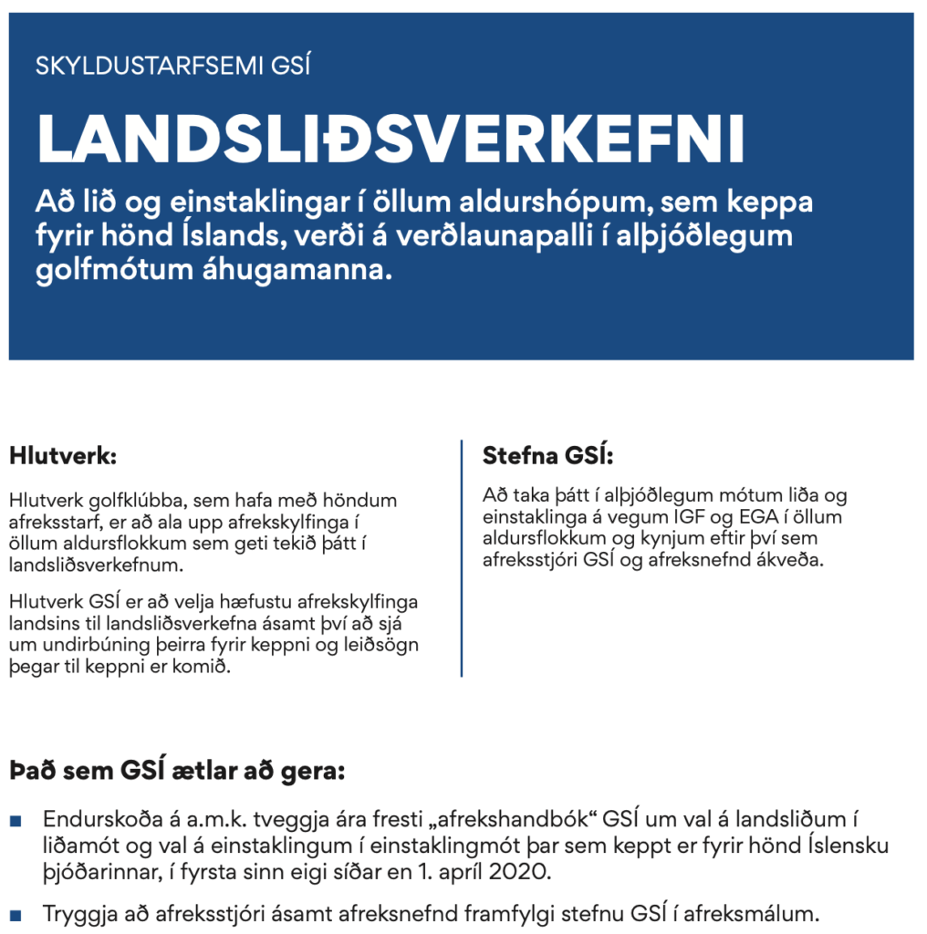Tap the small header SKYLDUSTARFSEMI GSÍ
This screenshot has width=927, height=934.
[x=172, y=67]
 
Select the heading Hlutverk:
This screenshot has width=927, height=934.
[x=63, y=454]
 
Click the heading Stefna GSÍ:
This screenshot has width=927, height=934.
[x=547, y=455]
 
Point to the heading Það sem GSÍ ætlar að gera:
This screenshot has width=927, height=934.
[x=177, y=771]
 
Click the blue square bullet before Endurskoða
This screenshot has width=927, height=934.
[x=16, y=821]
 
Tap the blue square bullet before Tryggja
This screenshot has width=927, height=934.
[x=16, y=912]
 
